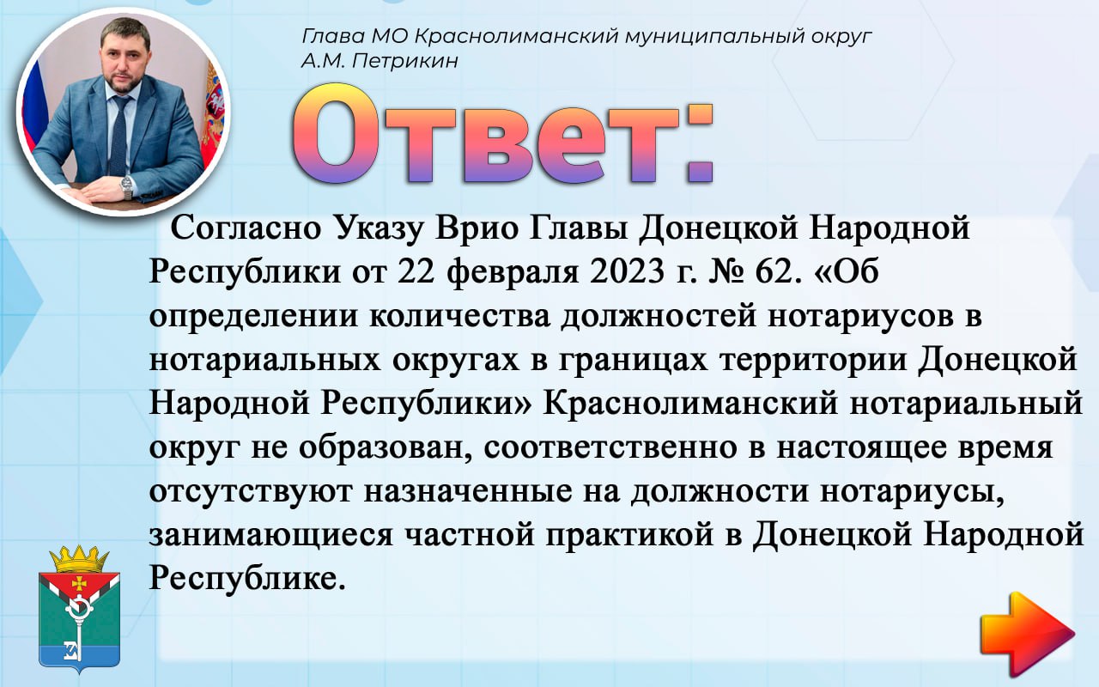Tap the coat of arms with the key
click(79, 609)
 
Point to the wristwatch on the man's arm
click(126, 186)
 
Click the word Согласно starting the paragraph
click(246, 228)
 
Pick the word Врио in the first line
click(477, 228)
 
